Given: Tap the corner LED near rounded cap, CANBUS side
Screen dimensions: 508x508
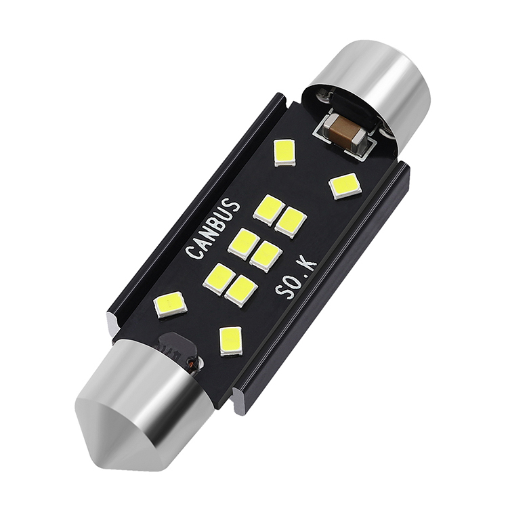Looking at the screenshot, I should [284, 152].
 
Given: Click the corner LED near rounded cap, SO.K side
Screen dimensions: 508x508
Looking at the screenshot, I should [345, 186].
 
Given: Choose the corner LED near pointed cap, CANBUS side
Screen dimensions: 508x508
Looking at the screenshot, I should [170, 305].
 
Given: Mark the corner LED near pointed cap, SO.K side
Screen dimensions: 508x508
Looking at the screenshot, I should [231, 340].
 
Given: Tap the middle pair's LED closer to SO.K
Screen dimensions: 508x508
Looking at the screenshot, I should [266, 256].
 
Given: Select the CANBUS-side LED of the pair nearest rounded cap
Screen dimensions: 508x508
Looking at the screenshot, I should [268, 209].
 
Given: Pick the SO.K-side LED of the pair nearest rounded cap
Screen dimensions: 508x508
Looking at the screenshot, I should [291, 222].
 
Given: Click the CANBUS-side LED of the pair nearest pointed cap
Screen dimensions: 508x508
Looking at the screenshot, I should [218, 278].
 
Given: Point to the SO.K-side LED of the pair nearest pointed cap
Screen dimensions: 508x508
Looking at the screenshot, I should [241, 291].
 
